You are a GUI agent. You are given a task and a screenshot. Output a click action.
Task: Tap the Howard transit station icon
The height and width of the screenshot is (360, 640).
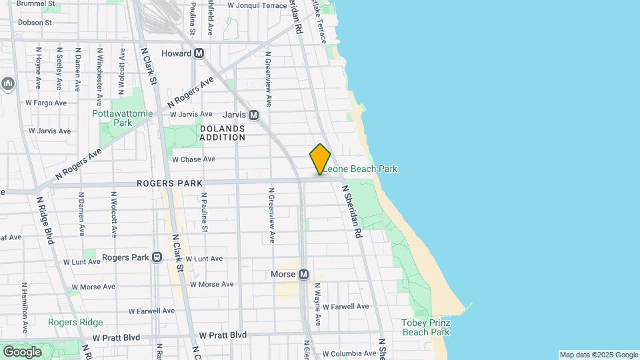[199, 53]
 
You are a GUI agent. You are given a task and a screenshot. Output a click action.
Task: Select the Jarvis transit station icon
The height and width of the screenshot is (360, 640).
[253, 115]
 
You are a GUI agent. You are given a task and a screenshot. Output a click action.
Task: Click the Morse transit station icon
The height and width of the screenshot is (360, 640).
[303, 274]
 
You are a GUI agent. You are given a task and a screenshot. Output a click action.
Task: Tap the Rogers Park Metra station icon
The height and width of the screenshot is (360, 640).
[157, 257]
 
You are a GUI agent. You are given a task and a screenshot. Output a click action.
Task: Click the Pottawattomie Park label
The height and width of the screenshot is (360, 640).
[122, 118]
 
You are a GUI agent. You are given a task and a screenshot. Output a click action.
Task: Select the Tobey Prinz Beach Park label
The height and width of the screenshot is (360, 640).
[426, 327]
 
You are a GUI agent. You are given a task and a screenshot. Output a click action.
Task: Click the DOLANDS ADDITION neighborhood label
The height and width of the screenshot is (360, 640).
[222, 133]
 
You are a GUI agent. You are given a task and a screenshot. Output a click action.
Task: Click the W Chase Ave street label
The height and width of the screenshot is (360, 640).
[193, 159]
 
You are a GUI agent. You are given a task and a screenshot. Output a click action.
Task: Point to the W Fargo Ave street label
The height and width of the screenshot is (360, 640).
[46, 103]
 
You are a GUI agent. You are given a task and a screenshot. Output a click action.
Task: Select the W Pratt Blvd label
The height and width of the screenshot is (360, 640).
[223, 335]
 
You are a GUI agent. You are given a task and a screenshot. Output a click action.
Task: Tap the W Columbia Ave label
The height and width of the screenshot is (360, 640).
[349, 354]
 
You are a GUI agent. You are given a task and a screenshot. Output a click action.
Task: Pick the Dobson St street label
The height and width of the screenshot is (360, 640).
[35, 22]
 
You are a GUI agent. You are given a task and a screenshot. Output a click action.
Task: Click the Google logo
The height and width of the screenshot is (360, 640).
[22, 351]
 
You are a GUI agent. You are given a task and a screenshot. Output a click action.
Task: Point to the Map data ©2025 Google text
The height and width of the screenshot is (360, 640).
[598, 355]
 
